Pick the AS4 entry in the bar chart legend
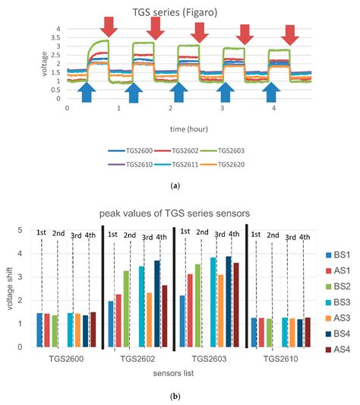(337, 350)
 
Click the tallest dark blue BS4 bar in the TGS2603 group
(229, 302)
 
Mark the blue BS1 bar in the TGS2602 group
(111, 324)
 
